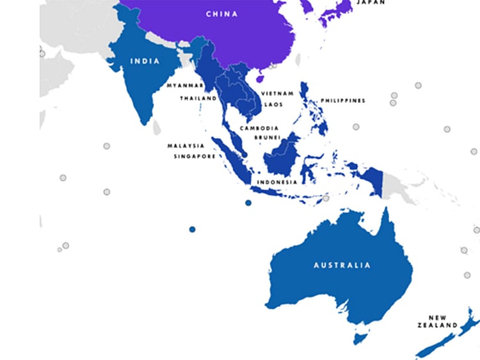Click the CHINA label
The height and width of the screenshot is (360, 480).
[221, 13]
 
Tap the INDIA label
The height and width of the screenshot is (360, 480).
[145, 61]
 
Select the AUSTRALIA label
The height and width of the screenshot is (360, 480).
[342, 265]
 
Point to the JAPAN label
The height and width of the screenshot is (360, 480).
[371, 3]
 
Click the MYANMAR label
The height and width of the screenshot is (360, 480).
[185, 85]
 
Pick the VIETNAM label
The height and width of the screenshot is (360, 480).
[277, 93]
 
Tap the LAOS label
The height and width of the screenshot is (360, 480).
[273, 104]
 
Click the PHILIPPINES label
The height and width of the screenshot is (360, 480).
[344, 100]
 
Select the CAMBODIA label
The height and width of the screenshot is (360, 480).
[258, 128]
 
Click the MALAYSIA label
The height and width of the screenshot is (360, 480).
[186, 146]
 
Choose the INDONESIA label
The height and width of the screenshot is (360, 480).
[276, 182]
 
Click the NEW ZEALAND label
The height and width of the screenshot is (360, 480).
[442, 321]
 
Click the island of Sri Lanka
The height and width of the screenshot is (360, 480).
[156, 127]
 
